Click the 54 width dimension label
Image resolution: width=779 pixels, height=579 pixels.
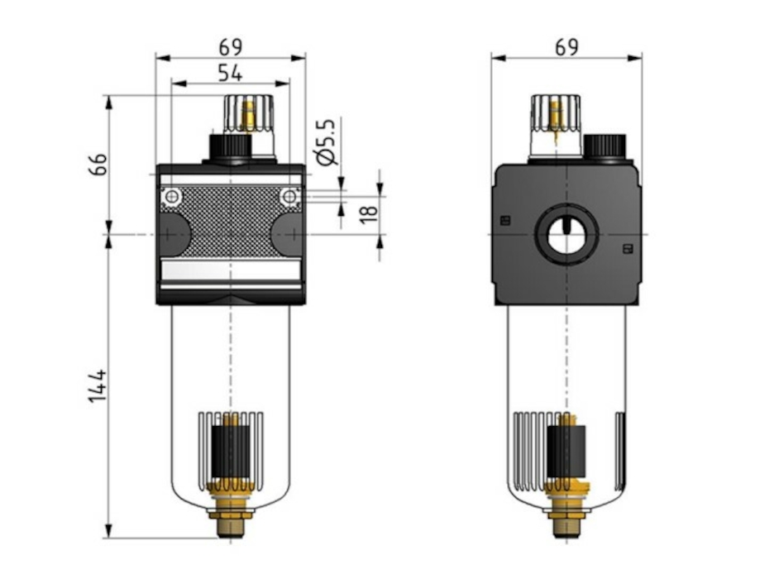(230, 73)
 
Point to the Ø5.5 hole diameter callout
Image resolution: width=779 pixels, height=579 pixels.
(326, 142)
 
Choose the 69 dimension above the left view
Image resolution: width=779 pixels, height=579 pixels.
(230, 46)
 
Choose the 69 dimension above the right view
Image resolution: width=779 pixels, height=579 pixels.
(566, 46)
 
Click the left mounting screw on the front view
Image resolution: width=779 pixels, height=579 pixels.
(171, 197)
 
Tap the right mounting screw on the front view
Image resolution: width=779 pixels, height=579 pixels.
(289, 197)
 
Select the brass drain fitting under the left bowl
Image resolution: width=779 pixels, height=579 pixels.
(231, 512)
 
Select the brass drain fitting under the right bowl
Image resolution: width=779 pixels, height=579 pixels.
(566, 512)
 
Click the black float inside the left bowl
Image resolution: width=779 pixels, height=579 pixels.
(231, 451)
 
